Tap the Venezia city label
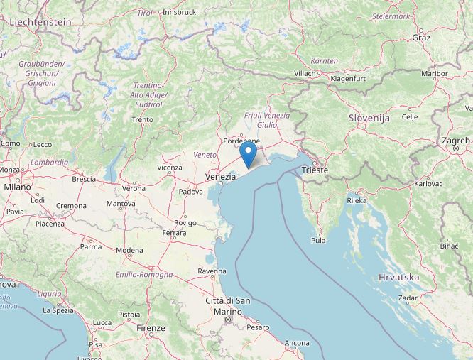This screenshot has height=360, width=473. pos(219,175)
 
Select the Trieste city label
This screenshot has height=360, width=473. pos(315,170)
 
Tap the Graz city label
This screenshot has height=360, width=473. pos(421,37)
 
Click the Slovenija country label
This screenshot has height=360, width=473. pos(369,117)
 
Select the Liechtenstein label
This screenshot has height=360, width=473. pos(40,22)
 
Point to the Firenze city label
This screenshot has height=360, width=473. pos(151,328)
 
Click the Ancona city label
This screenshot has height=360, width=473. pos(296,343)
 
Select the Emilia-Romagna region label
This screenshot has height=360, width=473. pos(144,274)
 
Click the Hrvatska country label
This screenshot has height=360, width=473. pos(398,277)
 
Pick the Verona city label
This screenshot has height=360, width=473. pos(134,188)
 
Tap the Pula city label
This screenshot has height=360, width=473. pos(319,241)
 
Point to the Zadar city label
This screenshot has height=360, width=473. pos(408,299)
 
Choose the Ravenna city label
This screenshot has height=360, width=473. pos(212,271)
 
